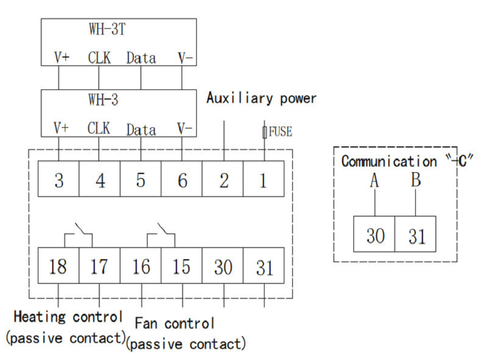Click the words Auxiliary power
pos(261,98)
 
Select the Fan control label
pos(175,324)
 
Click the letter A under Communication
pos(374,181)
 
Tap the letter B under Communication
pos(416,180)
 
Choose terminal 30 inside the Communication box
pos(375,235)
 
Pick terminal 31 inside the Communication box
pos(415,235)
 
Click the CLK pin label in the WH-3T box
pos(99,58)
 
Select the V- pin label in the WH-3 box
pos(185,128)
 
